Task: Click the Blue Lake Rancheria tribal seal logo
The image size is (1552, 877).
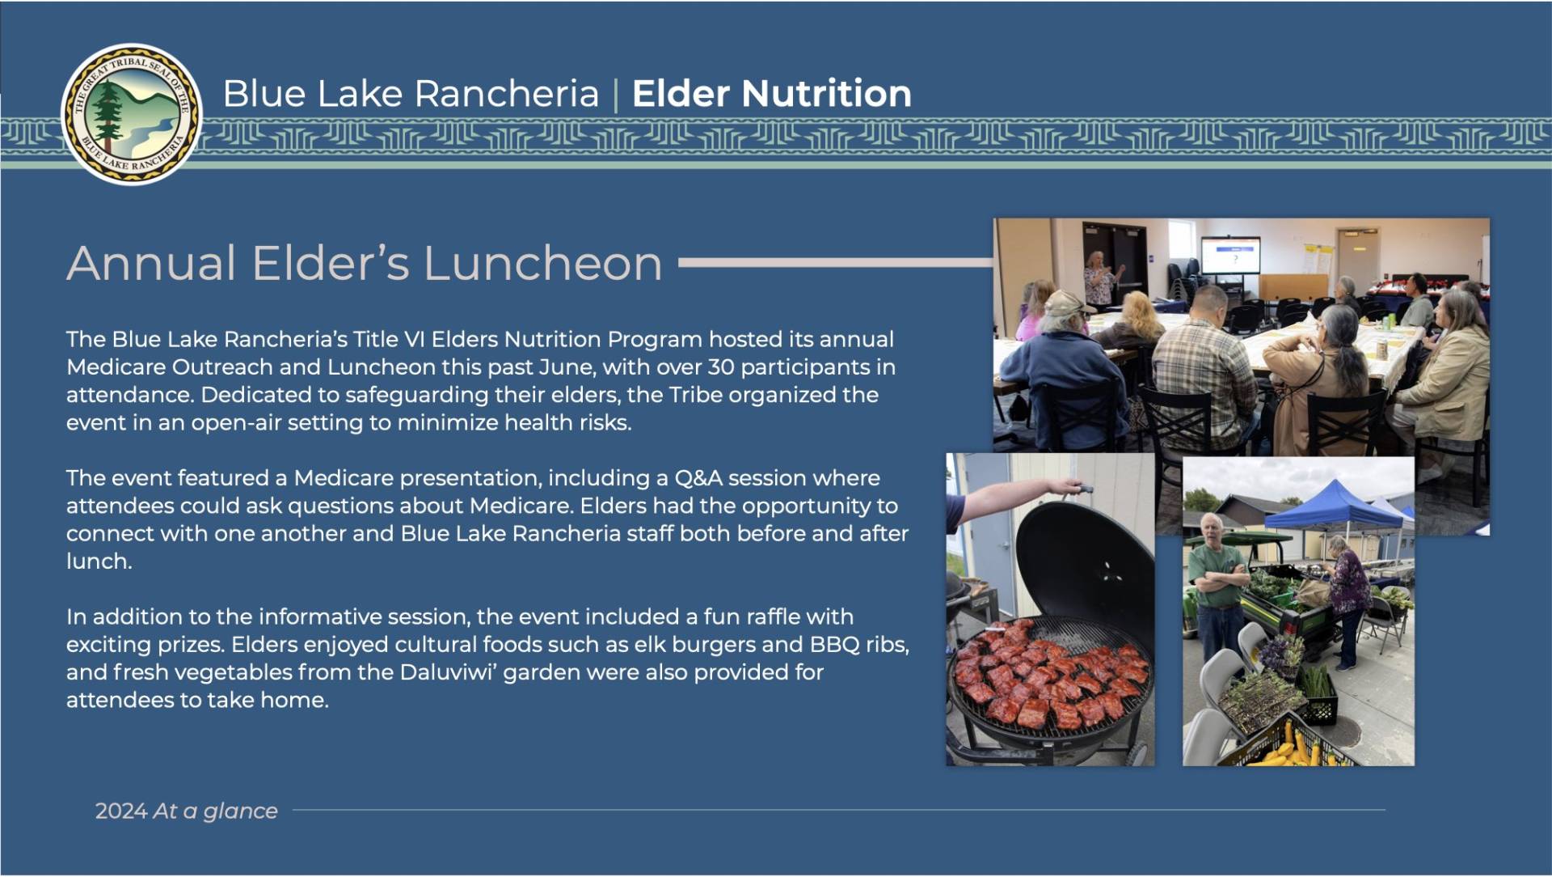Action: tap(133, 114)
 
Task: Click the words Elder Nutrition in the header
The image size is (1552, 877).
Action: tap(772, 94)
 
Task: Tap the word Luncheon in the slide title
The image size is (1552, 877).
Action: tap(542, 264)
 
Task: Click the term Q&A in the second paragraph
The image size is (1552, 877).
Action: tap(698, 478)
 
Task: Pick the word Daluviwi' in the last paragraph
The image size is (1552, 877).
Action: tap(448, 672)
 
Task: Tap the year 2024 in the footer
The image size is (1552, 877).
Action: tap(121, 811)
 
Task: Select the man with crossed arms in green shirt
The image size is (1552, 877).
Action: tap(1220, 591)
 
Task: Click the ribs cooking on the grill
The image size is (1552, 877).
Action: tap(1051, 672)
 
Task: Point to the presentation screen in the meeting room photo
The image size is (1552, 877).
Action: tap(1229, 256)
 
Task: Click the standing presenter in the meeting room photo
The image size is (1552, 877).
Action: tap(1100, 279)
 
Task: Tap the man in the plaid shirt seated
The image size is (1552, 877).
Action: tap(1202, 364)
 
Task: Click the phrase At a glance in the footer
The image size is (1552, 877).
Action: tap(215, 811)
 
